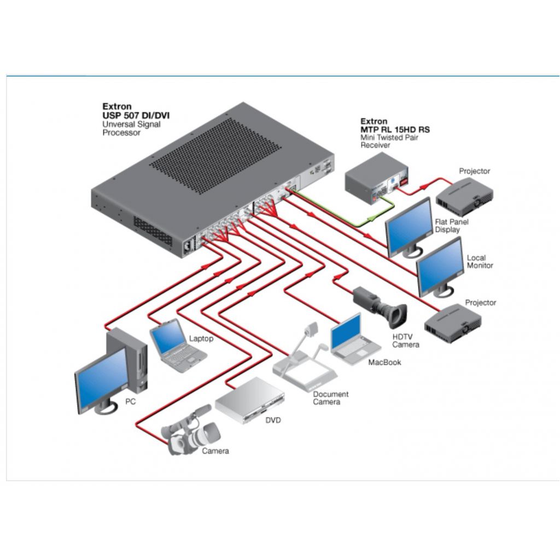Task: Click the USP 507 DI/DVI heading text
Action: [136, 115]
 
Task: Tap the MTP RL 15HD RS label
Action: [395, 130]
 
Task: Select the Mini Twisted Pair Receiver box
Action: [377, 178]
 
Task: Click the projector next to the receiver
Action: [464, 196]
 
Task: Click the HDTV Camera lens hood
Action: [398, 316]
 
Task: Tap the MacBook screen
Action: [346, 332]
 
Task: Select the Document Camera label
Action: [330, 398]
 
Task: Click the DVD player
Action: [249, 400]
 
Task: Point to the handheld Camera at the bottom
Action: [190, 431]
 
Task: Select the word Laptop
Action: [201, 339]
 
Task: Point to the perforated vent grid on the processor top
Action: [214, 156]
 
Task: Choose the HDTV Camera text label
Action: [405, 341]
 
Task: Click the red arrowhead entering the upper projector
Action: [424, 186]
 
